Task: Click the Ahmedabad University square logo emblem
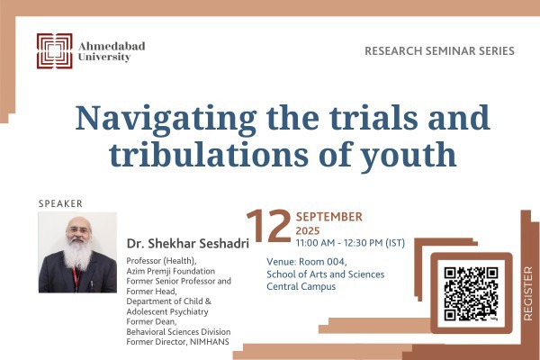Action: click(54, 51)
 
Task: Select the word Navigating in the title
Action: click(166, 119)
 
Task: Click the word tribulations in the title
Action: click(209, 155)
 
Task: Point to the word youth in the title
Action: click(408, 157)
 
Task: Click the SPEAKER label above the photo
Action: click(60, 203)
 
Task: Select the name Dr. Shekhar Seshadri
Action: click(188, 244)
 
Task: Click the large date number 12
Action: click(269, 226)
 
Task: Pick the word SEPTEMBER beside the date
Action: click(329, 217)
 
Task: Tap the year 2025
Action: click(308, 230)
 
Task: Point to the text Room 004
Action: click(323, 262)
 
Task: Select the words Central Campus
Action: click(301, 286)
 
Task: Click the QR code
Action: click(471, 294)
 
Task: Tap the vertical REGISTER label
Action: click(528, 293)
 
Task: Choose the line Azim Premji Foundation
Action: click(171, 271)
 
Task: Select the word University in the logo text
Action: click(104, 58)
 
